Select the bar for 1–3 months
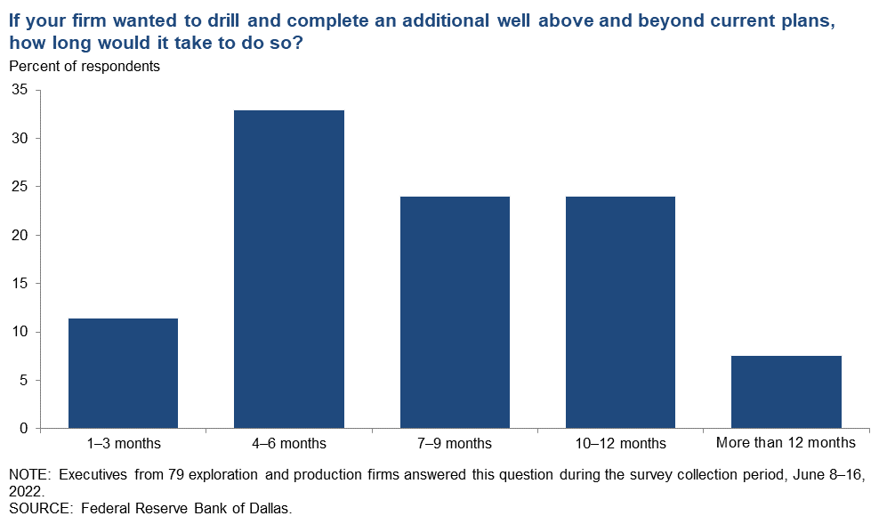click(x=124, y=373)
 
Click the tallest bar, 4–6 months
click(x=289, y=269)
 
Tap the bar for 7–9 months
click(x=455, y=312)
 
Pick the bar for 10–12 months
click(x=621, y=312)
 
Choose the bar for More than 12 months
click(x=786, y=391)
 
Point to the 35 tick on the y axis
click(x=20, y=90)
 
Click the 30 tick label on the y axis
click(x=20, y=138)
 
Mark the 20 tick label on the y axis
click(x=20, y=235)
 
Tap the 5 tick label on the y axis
click(x=24, y=380)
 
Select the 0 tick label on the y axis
click(x=24, y=429)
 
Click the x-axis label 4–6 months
click(x=289, y=444)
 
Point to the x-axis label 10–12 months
click(x=621, y=444)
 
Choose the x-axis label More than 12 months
click(x=786, y=442)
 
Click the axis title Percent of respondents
click(x=85, y=67)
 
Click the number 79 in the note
click(x=175, y=475)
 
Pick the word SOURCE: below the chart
click(x=41, y=508)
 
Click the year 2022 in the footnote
click(x=25, y=491)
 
